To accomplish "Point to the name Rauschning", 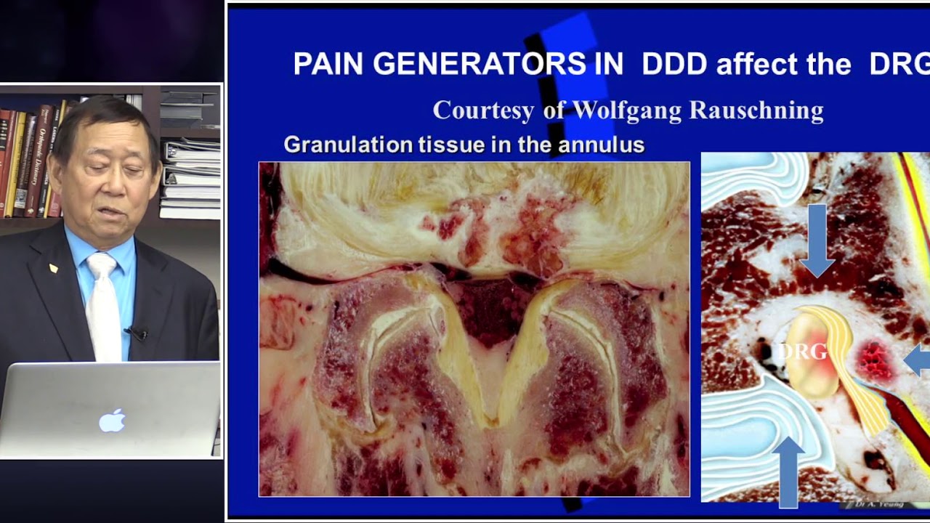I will [756, 110].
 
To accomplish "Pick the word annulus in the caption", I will [601, 145].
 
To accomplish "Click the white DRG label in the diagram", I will [802, 352].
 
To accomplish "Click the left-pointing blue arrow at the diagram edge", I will [917, 360].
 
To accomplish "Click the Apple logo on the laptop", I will [112, 420].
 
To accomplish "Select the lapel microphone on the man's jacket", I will [137, 333].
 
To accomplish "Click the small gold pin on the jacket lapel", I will [53, 268].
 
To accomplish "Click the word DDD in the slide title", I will [674, 65].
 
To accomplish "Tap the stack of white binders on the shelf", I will [190, 178].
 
